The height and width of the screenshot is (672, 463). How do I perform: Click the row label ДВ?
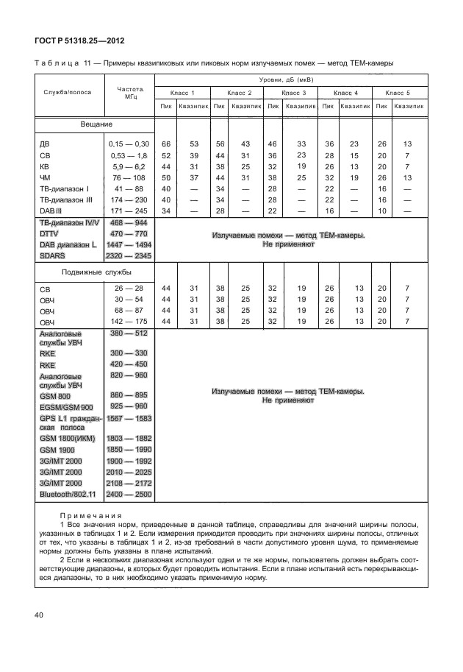pos(44,144)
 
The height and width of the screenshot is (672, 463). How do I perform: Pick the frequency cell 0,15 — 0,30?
pos(129,144)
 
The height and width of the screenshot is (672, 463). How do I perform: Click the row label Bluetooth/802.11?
pos(65,495)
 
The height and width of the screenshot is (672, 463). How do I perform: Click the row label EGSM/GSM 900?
pos(66,407)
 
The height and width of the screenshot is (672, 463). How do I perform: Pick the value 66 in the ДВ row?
pos(166,144)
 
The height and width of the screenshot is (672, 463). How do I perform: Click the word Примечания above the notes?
pos(94,516)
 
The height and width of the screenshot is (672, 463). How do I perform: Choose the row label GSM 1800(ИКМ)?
pos(67,439)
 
